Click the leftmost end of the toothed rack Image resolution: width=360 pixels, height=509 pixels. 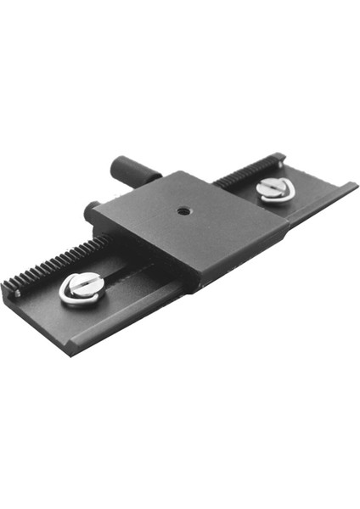[x=8, y=287]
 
